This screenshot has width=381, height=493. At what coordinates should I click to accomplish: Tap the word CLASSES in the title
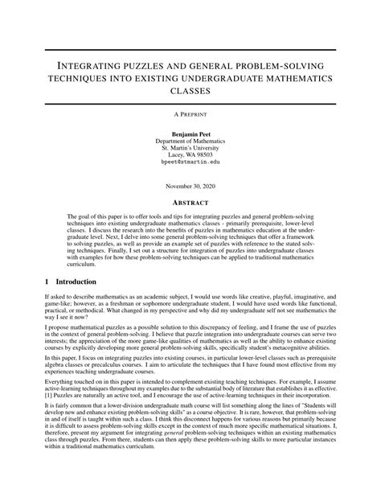[190, 90]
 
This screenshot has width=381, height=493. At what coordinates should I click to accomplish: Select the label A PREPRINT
[190, 114]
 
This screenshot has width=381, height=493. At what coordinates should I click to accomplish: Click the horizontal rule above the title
[190, 49]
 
